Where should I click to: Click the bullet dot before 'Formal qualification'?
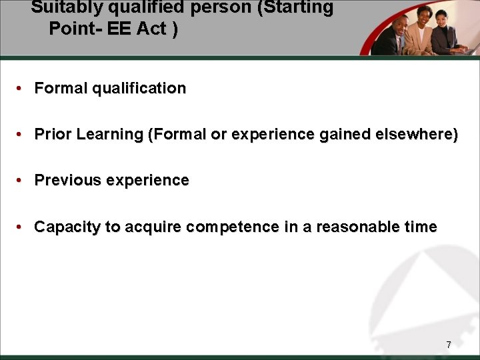point(21,89)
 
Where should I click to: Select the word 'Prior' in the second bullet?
point(53,135)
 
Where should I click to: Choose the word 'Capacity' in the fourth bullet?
point(67,227)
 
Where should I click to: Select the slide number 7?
point(449,345)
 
